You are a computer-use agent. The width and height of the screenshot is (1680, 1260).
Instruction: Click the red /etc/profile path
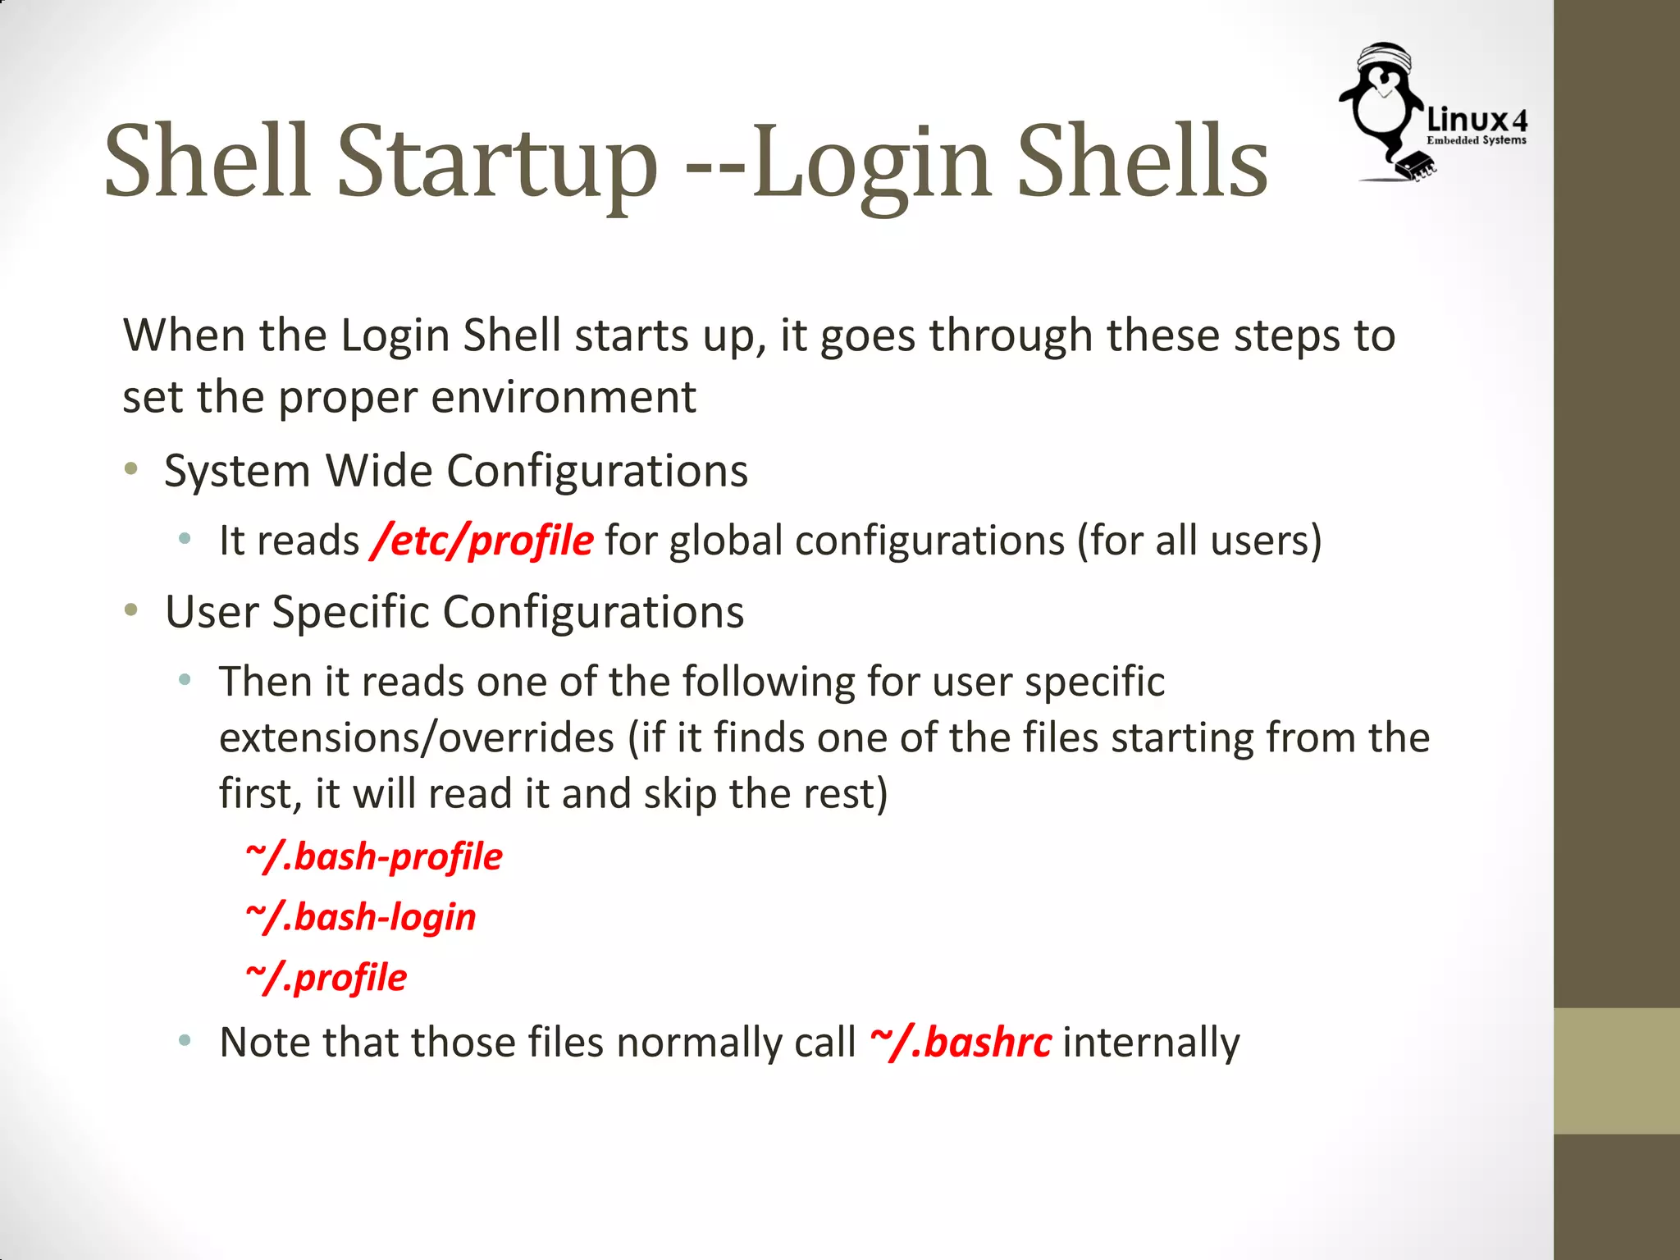click(x=482, y=541)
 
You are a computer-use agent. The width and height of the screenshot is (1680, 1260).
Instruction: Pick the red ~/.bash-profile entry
click(x=374, y=857)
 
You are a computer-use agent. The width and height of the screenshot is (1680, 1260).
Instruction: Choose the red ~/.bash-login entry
click(x=361, y=917)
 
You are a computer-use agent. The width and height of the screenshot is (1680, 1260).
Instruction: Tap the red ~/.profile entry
click(x=326, y=978)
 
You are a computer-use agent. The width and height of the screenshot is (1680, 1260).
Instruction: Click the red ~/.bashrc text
click(x=960, y=1043)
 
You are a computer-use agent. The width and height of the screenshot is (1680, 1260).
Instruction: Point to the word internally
click(x=1151, y=1043)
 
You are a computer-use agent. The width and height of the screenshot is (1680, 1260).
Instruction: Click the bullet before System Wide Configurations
click(x=131, y=469)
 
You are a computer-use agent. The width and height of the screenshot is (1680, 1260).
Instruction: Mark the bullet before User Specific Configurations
click(x=131, y=610)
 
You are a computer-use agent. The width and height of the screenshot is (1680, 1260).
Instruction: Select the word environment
click(x=564, y=397)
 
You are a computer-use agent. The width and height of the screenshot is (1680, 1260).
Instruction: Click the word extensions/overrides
click(x=417, y=737)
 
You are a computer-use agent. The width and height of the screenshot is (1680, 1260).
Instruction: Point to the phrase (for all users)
click(x=1199, y=541)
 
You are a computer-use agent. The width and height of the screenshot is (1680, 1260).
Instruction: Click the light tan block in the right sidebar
click(x=1616, y=1071)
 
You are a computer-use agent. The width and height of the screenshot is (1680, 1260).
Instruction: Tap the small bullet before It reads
click(x=185, y=539)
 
